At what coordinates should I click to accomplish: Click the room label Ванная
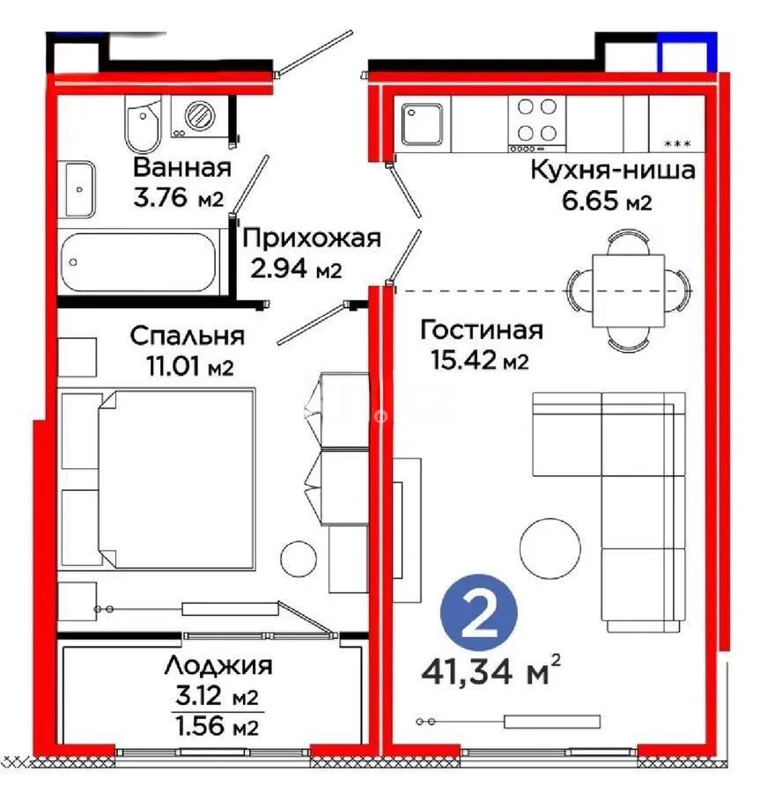[181, 167]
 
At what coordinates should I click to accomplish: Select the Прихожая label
[311, 238]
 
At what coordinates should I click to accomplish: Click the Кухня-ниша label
[612, 170]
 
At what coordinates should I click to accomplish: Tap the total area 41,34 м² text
[491, 674]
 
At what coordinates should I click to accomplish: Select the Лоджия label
[217, 666]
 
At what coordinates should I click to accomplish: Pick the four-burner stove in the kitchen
[536, 120]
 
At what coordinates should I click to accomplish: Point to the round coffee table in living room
[548, 547]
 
